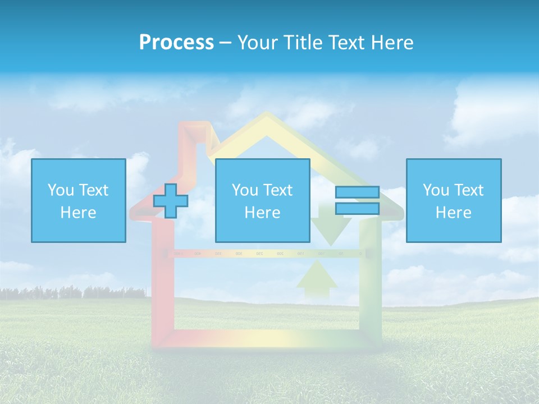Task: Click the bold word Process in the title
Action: pos(176,43)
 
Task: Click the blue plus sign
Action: pos(171,201)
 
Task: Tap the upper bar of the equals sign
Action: pos(357,192)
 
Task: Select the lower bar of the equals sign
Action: pos(357,209)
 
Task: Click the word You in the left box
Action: pos(61,190)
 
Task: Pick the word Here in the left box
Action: pos(78,213)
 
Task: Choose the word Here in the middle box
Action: pos(262,213)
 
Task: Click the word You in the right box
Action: pos(436,190)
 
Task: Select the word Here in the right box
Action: pos(453,213)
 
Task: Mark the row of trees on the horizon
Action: pos(73,292)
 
